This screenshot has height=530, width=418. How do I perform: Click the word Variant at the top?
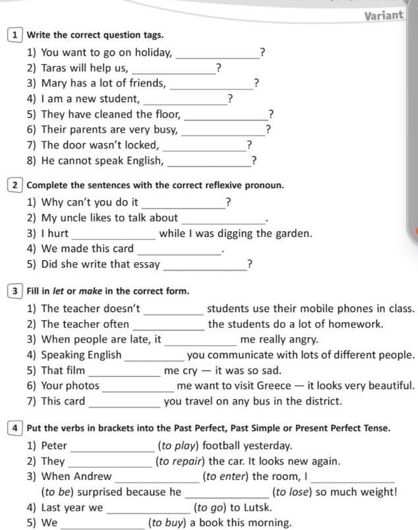click(x=384, y=15)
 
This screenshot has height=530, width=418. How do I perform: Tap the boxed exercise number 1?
click(x=15, y=35)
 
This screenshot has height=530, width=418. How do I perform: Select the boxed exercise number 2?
click(x=15, y=185)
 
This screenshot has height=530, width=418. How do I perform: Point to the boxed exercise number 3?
click(x=15, y=291)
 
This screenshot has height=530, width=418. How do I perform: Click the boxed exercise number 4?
click(x=15, y=428)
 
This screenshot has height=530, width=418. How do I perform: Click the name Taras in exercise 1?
click(x=55, y=67)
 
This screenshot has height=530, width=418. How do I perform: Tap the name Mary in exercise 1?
click(x=55, y=83)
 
